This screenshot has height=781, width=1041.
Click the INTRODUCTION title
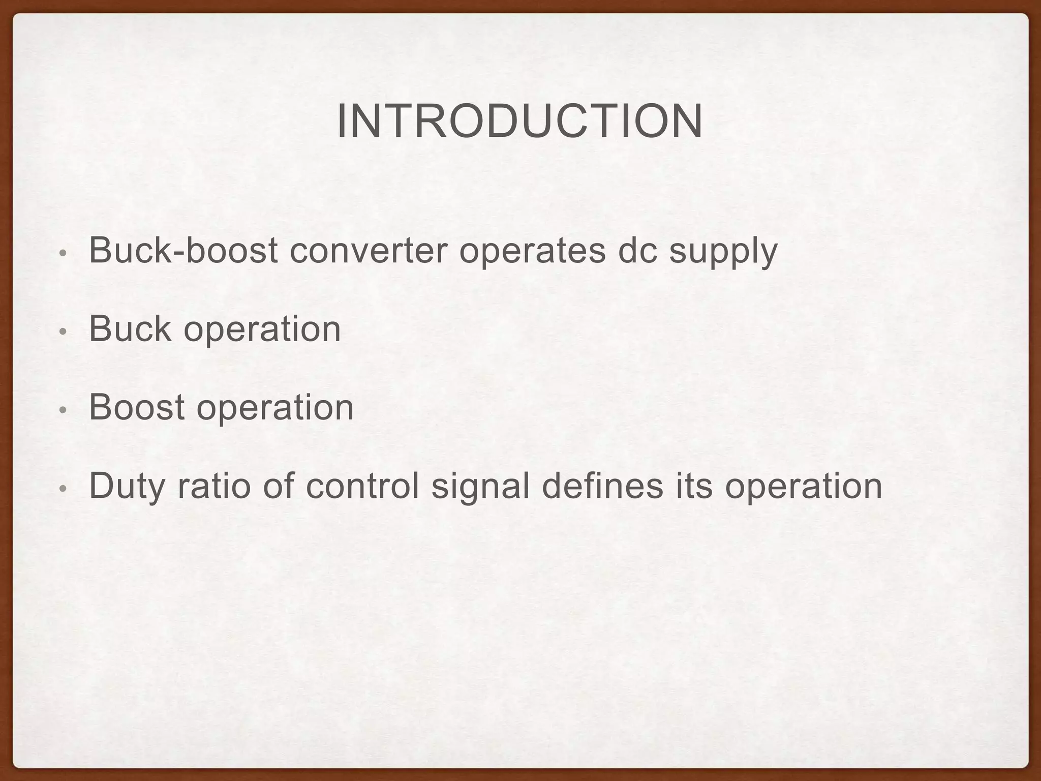(x=520, y=122)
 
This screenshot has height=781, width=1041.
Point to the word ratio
(x=214, y=486)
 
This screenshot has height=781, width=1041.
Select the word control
(x=362, y=486)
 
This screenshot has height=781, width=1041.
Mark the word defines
(x=602, y=486)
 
